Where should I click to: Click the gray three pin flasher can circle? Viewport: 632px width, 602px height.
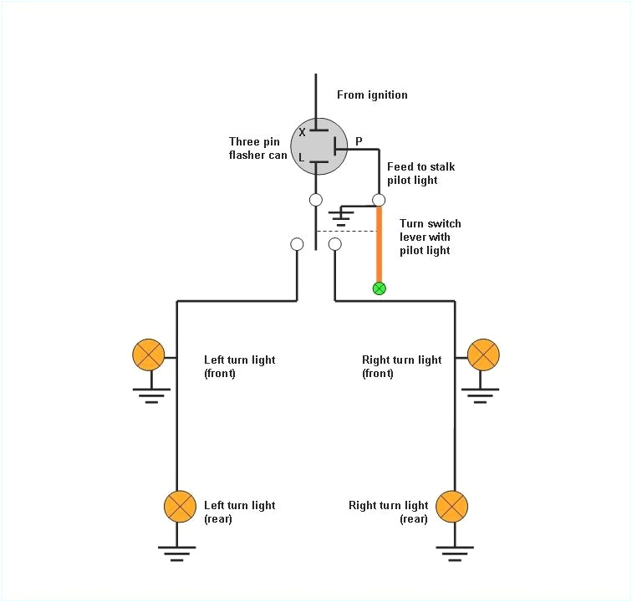318,145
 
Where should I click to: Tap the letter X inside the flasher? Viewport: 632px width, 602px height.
302,132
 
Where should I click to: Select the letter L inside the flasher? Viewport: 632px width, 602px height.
302,157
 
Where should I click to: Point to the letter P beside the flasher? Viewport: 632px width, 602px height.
359,141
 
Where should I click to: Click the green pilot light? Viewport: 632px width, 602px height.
379,288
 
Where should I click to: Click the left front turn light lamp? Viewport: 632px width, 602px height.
149,355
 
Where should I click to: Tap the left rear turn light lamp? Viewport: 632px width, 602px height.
178,506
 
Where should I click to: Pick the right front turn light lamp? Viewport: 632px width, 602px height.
483,355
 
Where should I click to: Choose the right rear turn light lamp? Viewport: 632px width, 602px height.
452,506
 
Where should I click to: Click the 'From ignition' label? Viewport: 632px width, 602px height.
372,94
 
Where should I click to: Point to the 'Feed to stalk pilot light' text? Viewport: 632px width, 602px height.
420,173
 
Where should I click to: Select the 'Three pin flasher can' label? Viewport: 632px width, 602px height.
258,148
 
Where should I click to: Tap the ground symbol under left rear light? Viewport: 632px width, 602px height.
178,553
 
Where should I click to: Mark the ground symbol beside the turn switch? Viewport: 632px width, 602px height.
339,217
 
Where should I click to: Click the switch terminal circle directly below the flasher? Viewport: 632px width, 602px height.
316,200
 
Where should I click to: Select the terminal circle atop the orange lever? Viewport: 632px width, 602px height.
379,200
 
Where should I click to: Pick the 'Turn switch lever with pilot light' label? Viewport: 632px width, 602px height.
430,237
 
